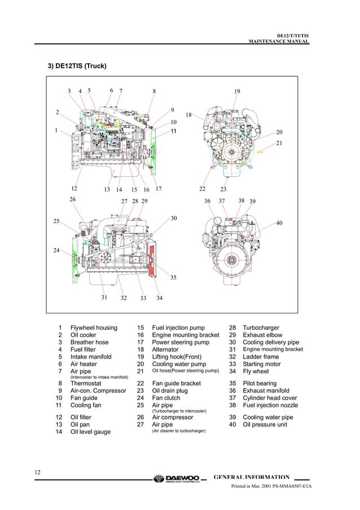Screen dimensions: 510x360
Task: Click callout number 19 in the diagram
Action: click(237, 91)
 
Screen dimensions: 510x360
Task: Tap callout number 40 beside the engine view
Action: click(279, 224)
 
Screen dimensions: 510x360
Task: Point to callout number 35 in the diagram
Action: click(173, 277)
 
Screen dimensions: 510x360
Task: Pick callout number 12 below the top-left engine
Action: click(74, 189)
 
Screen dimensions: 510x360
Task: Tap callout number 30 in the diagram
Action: click(174, 218)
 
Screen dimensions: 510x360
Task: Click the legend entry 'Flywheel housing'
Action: click(94, 328)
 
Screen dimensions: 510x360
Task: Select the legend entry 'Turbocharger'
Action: click(261, 328)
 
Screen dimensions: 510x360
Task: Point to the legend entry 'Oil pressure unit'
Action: click(265, 425)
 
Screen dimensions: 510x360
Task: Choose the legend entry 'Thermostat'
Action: click(87, 383)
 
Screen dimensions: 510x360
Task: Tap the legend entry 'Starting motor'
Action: click(263, 364)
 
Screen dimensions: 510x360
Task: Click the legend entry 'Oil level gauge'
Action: click(90, 432)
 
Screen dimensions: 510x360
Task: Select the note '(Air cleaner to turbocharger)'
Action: click(179, 431)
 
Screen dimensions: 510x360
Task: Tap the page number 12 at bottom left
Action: click(37, 472)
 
